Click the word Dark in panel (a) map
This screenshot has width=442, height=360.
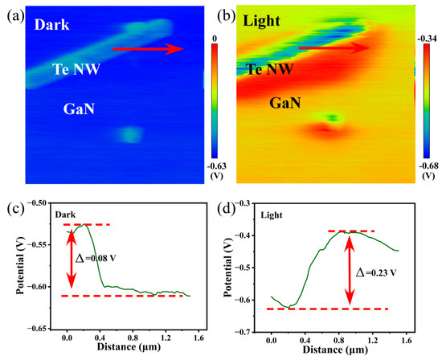[51, 26]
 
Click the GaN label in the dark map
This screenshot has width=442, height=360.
[78, 108]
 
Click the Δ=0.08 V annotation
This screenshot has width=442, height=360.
[93, 260]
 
